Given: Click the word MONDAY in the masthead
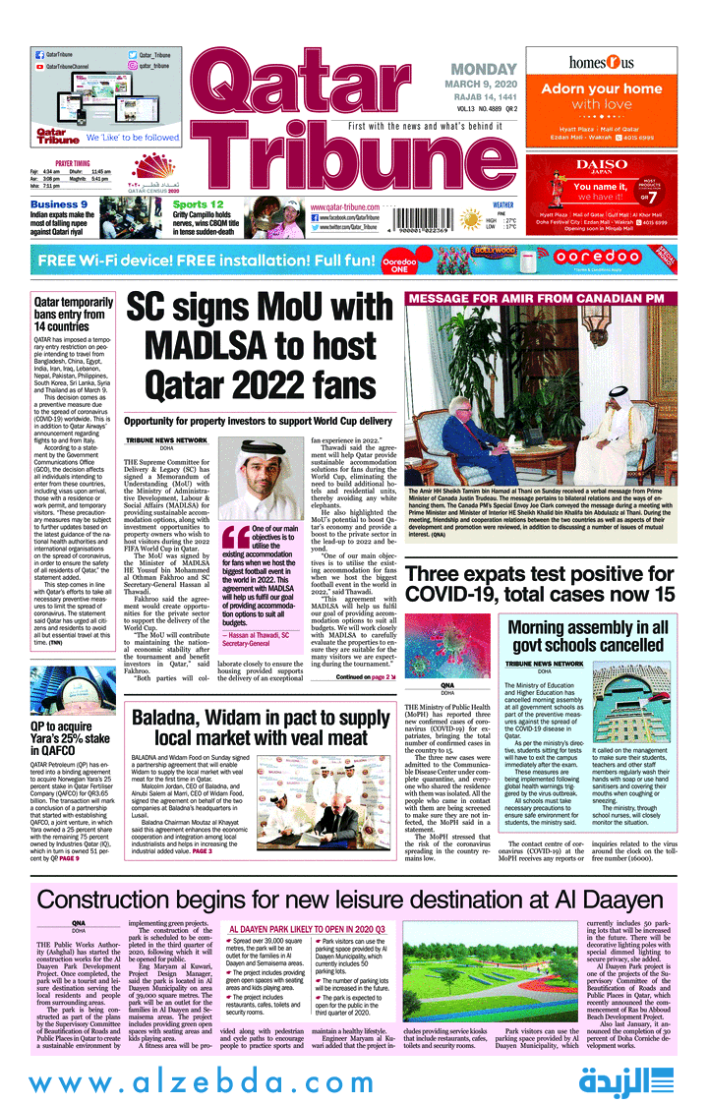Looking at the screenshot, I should pyautogui.click(x=484, y=70).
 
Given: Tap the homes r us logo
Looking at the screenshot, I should pyautogui.click(x=601, y=62).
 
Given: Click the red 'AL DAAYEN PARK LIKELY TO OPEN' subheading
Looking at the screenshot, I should pyautogui.click(x=308, y=928).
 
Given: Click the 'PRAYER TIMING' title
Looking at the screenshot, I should pyautogui.click(x=73, y=163).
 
